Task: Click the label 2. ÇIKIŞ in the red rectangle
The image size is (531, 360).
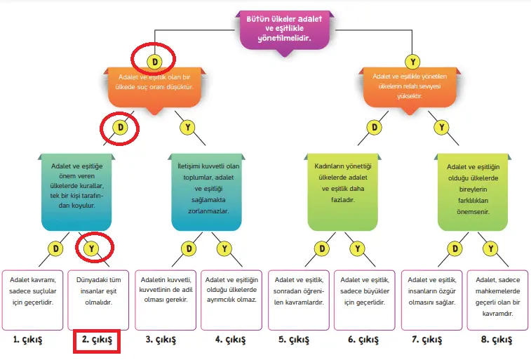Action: point(98,342)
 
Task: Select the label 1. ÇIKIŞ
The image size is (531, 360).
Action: point(29,340)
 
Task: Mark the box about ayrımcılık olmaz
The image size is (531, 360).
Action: point(232,299)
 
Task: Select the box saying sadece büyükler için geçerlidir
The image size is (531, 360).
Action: point(365,299)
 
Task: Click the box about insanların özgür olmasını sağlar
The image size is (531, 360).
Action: point(431,299)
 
